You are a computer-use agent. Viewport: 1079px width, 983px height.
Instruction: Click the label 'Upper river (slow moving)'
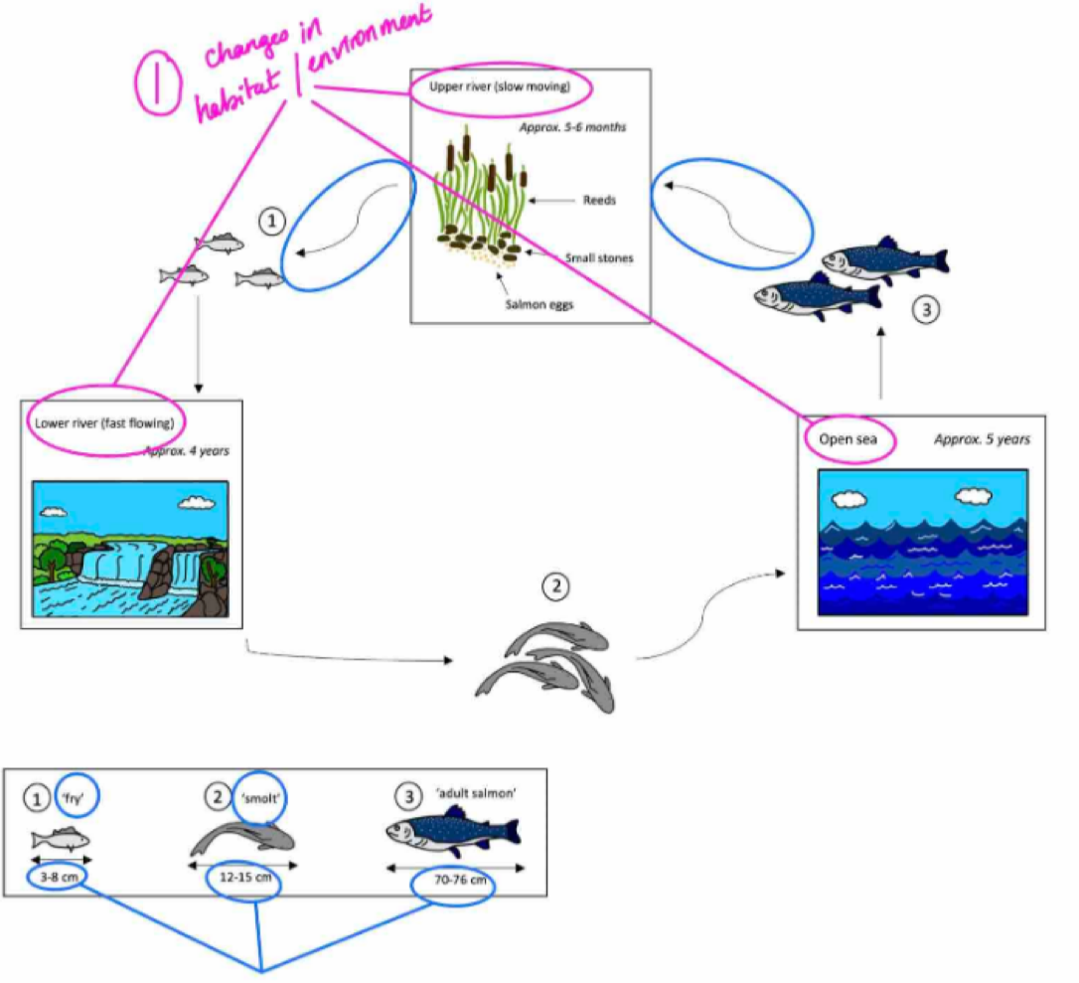499,87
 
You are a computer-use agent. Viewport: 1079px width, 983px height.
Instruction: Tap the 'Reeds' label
599,200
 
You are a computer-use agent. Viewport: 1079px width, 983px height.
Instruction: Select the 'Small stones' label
600,257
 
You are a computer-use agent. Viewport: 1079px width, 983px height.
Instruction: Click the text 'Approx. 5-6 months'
572,127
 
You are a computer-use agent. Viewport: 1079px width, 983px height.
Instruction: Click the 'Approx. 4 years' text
187,450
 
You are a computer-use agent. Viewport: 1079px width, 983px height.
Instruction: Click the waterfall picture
130,549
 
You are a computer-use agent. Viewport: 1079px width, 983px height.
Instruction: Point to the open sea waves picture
921,541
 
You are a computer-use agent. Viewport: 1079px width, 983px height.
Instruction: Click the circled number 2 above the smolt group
554,587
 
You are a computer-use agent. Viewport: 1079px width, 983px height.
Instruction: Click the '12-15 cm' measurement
241,879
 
